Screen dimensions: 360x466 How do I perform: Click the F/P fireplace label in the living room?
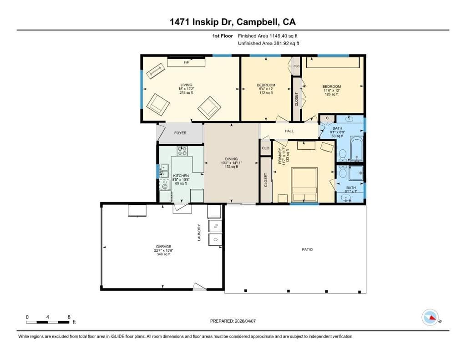186,62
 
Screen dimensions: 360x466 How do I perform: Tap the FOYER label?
181,133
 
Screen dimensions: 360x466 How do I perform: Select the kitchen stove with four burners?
182,151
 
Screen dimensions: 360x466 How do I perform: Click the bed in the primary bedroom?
304,184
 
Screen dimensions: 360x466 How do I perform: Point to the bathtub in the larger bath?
356,151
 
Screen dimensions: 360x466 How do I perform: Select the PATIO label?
307,249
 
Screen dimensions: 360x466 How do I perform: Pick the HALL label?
289,131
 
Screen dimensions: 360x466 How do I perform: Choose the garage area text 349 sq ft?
162,254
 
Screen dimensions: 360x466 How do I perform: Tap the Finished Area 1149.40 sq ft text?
268,35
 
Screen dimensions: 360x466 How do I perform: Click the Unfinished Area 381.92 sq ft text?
268,44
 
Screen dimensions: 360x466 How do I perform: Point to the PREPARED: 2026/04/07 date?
233,321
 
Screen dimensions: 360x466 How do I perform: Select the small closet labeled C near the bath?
327,118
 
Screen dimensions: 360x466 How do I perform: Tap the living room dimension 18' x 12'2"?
186,89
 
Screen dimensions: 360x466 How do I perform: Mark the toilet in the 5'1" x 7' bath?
343,172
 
